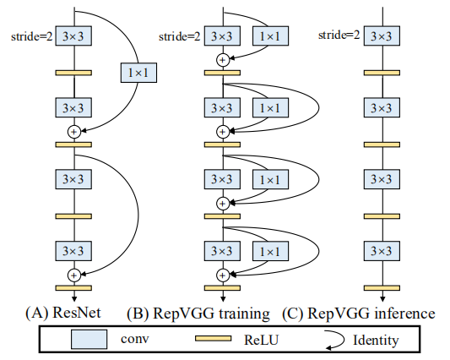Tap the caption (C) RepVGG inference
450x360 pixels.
click(x=358, y=313)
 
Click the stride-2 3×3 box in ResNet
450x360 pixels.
click(x=73, y=36)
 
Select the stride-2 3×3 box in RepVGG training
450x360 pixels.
click(x=222, y=36)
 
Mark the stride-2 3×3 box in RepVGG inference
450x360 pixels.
click(x=381, y=36)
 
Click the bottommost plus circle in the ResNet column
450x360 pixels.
click(x=73, y=275)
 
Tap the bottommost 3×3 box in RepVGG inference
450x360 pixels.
click(x=381, y=251)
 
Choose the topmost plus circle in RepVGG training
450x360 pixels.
click(x=222, y=60)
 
